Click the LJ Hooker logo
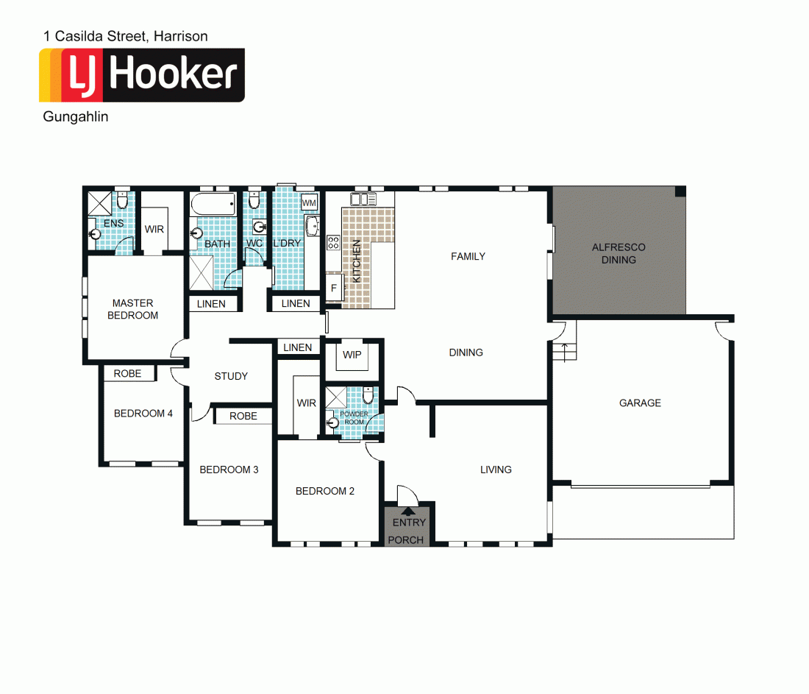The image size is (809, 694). (141, 75)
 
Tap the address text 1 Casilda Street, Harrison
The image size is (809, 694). (126, 36)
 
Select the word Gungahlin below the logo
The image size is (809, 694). (76, 117)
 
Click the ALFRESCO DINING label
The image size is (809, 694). (619, 253)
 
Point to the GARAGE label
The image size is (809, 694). (640, 403)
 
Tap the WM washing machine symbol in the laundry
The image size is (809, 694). (310, 202)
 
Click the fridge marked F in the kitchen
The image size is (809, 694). (334, 288)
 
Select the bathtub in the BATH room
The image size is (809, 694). (213, 204)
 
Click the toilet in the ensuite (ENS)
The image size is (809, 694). (123, 202)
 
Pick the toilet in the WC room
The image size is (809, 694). (254, 201)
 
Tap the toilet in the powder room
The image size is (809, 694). (368, 396)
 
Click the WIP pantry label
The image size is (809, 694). (352, 355)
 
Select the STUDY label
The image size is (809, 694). (231, 376)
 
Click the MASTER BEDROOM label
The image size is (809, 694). (133, 309)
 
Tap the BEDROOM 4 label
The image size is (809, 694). (143, 414)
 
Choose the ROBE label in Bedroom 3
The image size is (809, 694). (243, 416)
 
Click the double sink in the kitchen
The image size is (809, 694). (363, 199)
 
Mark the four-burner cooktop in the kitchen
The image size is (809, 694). (333, 242)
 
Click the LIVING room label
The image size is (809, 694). (496, 470)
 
